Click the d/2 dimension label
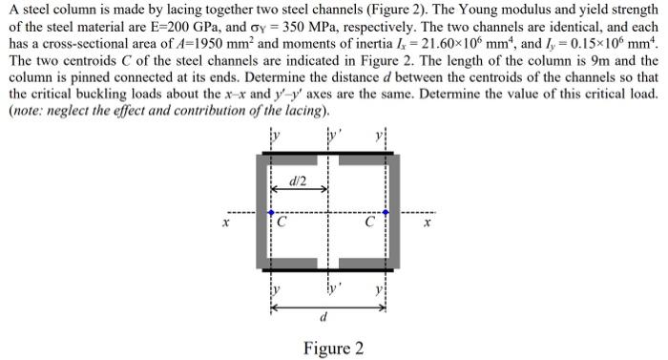[299, 181]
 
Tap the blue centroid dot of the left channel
[271, 212]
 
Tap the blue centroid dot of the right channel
[386, 212]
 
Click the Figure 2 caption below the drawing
[333, 348]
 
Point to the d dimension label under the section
[327, 318]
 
